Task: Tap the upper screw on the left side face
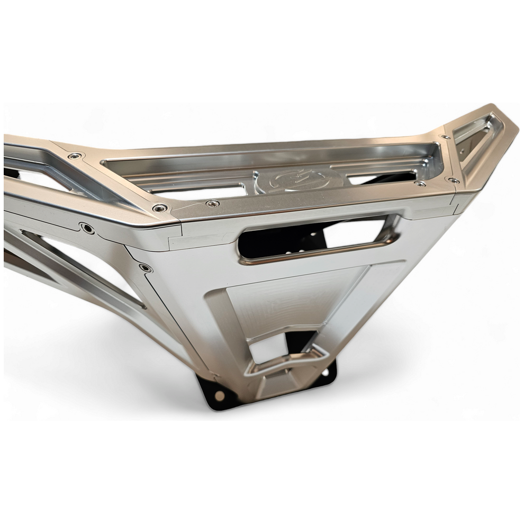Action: [x=86, y=228]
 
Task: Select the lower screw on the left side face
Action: [x=143, y=268]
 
